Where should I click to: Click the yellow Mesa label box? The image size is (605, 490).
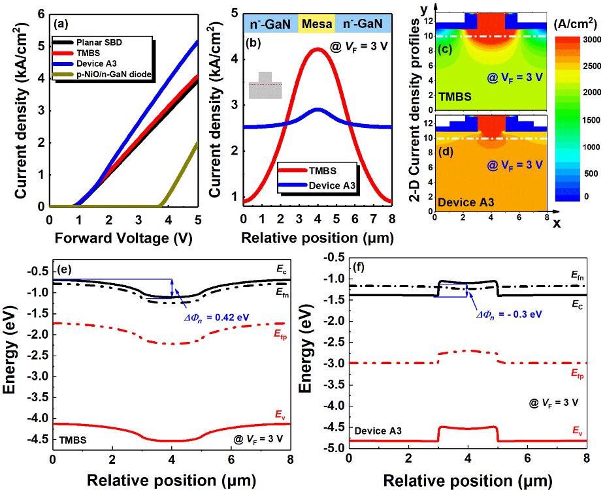coord(317,24)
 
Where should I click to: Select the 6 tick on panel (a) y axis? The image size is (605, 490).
coord(39,13)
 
